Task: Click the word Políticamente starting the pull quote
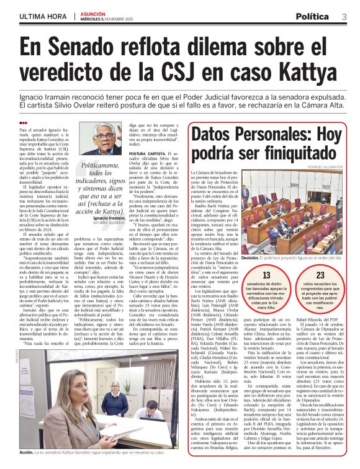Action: (107, 167)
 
